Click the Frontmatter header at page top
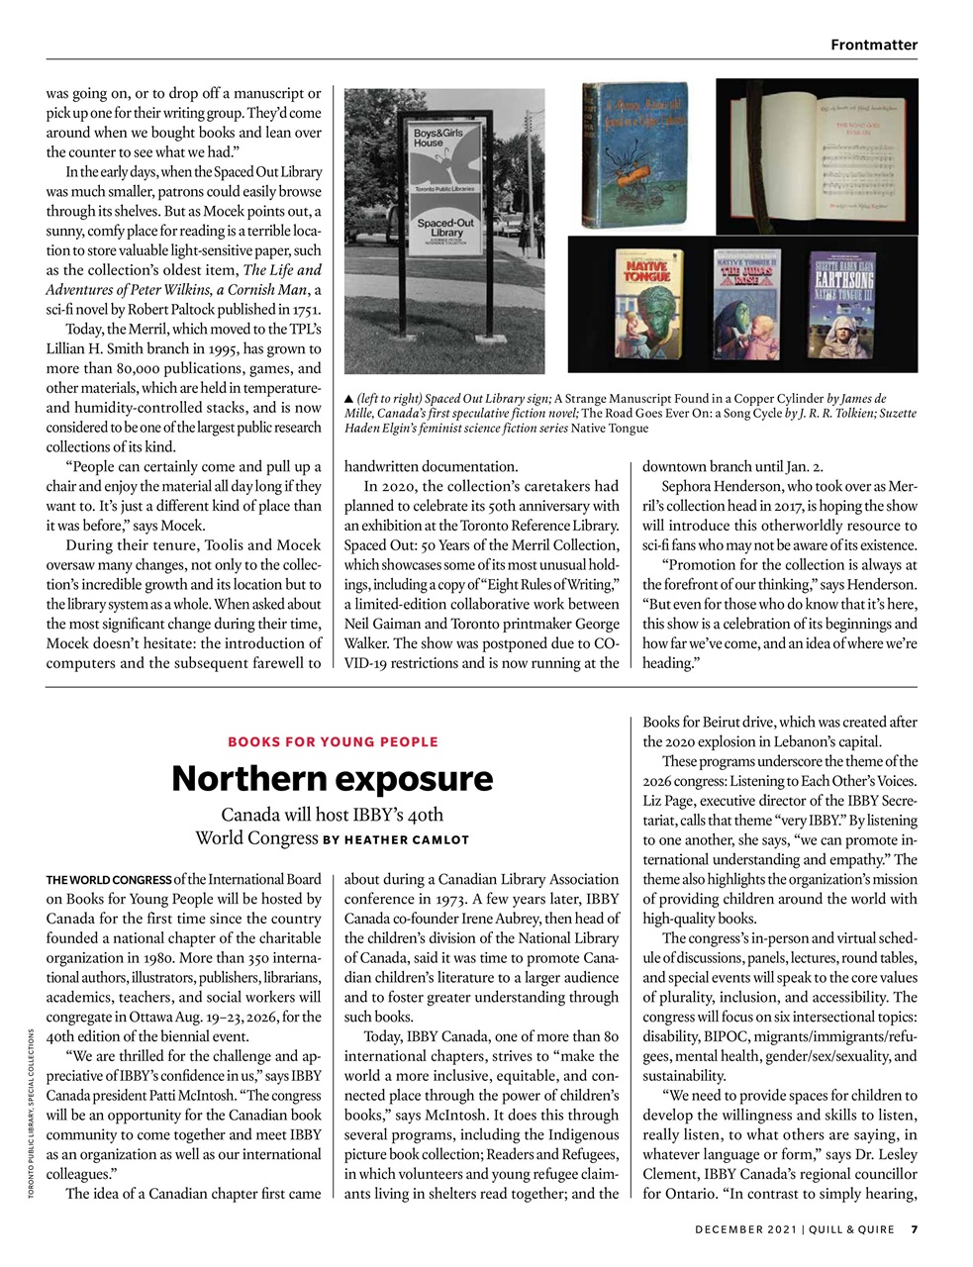(873, 45)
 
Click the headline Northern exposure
(332, 779)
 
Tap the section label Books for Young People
(333, 741)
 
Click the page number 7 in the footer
(915, 1230)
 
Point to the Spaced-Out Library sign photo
(444, 231)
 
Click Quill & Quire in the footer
(853, 1230)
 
